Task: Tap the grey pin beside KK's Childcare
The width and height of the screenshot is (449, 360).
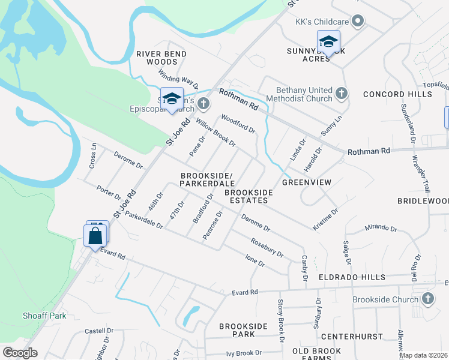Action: point(358,22)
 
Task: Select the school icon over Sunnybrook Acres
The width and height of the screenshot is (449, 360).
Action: point(328,42)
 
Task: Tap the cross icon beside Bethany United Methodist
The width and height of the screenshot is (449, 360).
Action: point(342,94)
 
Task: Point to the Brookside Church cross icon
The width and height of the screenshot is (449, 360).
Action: point(427,299)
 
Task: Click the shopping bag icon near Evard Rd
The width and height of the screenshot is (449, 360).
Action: point(95,235)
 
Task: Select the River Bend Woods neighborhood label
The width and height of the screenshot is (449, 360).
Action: point(161,58)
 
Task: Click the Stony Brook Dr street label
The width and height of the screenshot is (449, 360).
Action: point(280,321)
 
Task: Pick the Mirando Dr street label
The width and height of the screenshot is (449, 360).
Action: point(381,229)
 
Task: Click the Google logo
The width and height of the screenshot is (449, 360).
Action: point(20,353)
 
